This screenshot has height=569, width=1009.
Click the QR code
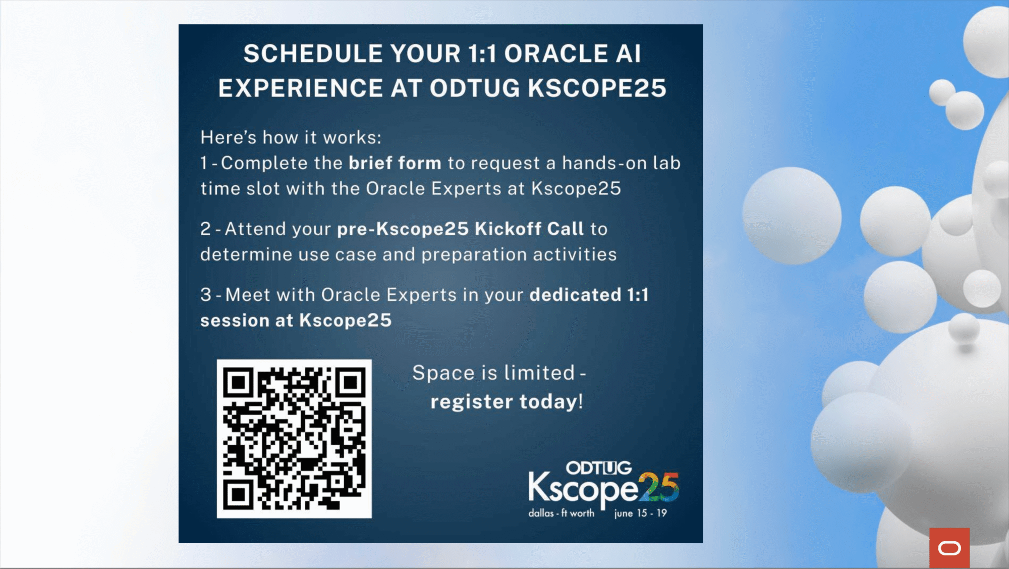(294, 438)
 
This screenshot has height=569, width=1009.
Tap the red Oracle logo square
(949, 548)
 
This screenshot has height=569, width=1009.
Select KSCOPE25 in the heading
(597, 88)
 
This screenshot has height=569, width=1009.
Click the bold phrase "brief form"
(395, 163)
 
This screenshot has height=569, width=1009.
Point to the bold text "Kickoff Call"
(529, 229)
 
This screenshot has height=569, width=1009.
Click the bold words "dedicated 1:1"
(589, 295)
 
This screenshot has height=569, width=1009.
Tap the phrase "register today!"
(507, 402)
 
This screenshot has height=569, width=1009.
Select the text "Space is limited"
(493, 373)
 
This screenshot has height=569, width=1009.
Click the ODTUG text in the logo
(599, 468)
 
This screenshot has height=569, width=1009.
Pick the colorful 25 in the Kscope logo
(658, 487)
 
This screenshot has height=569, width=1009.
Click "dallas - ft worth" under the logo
(561, 513)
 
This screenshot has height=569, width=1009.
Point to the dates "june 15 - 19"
(640, 513)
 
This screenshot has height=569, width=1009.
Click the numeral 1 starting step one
(204, 163)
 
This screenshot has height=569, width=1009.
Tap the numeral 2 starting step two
(205, 229)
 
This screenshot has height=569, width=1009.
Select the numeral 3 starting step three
(205, 295)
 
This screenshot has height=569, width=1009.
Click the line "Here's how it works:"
(291, 137)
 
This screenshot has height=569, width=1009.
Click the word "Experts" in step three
(421, 295)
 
